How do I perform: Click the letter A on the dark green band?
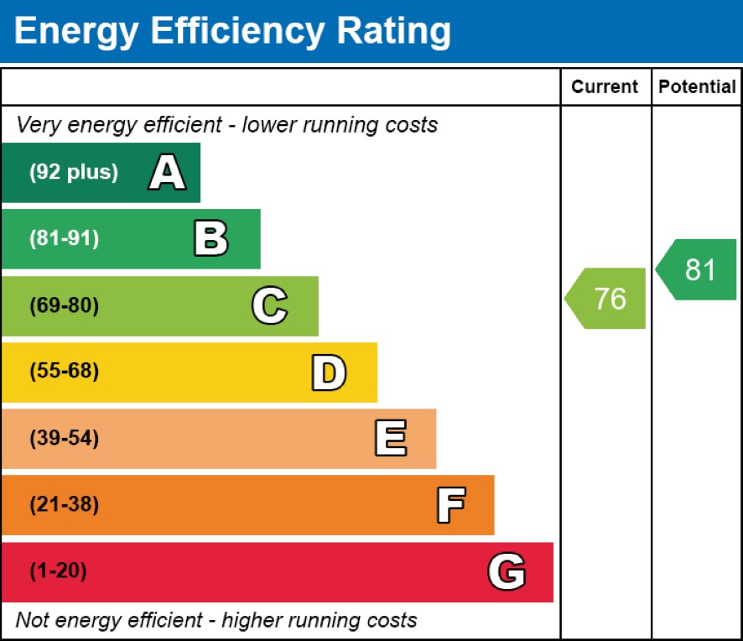(167, 173)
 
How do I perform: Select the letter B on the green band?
(210, 239)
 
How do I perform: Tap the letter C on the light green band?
(269, 305)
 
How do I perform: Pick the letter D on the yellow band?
(329, 373)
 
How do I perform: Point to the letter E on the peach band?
(390, 439)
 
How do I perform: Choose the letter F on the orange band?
(450, 505)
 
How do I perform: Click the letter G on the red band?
(507, 572)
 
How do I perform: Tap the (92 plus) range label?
(74, 173)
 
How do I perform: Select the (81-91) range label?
(65, 239)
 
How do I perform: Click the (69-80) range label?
(65, 305)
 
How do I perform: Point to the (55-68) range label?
(65, 372)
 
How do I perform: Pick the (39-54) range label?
(65, 439)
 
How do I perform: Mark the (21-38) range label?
(65, 505)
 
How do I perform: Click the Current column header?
(605, 87)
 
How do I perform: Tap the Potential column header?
(697, 87)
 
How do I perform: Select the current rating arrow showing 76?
(605, 299)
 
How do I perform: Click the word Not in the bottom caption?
(33, 621)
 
